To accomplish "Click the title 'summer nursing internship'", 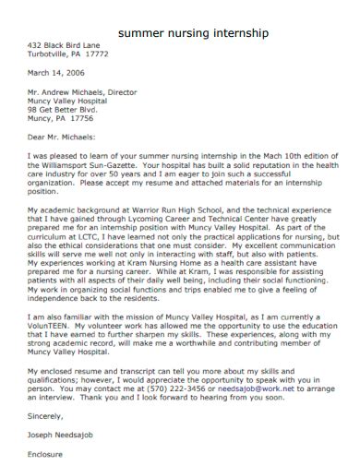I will pyautogui.click(x=194, y=31).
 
